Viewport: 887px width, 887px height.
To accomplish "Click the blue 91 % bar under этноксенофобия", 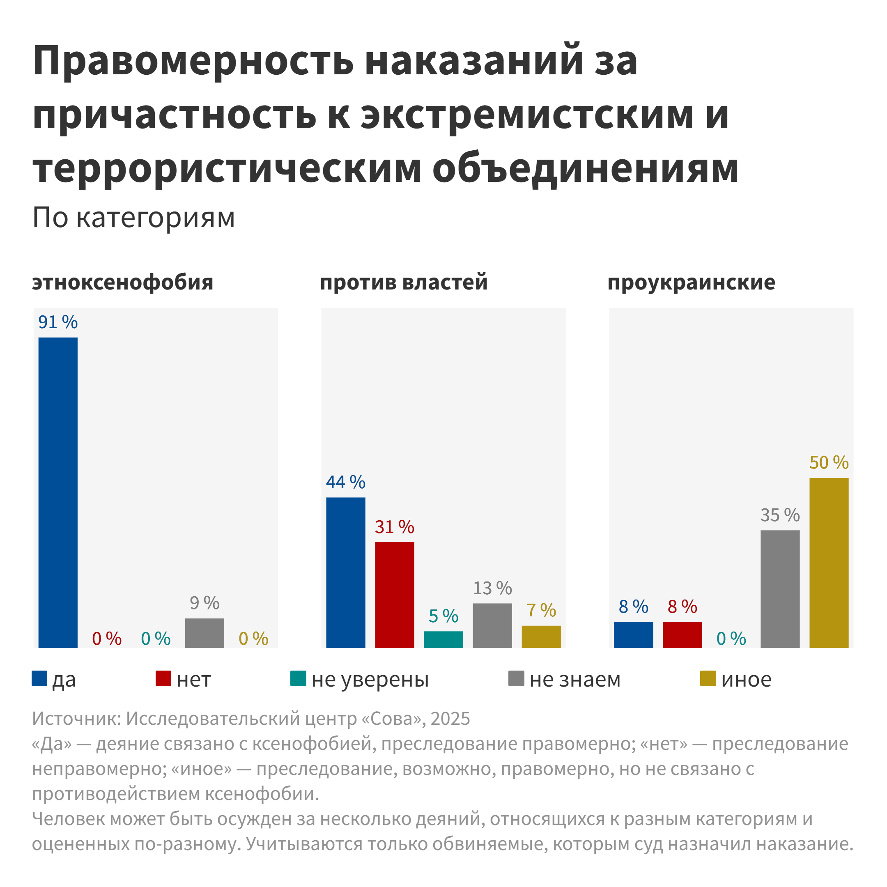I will (x=58, y=492).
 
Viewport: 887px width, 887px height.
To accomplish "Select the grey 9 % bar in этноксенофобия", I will (x=205, y=633).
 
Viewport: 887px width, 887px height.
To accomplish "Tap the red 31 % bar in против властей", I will (x=394, y=595).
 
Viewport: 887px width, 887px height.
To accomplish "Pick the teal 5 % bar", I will (x=443, y=639).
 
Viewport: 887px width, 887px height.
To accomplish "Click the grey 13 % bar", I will (x=492, y=625).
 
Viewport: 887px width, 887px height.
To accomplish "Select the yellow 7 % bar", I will (x=541, y=637).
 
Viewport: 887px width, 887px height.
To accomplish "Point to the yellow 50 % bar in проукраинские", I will (x=829, y=563).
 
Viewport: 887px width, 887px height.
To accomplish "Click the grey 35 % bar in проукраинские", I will (x=780, y=589).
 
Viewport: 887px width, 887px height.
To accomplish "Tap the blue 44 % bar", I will (x=346, y=572).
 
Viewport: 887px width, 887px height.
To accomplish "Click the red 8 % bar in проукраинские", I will (x=682, y=635).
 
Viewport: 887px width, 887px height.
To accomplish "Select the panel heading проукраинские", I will (x=691, y=283).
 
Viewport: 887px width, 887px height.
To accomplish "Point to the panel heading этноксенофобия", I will (x=123, y=283).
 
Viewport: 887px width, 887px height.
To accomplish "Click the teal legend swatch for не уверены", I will (x=298, y=678).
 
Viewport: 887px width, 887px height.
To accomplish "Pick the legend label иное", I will (x=746, y=680).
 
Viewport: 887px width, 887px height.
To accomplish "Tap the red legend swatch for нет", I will (x=163, y=678).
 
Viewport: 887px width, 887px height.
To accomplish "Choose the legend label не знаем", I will (x=575, y=680).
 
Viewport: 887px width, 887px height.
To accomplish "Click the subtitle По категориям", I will (x=133, y=217).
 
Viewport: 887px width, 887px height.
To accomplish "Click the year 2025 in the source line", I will (x=450, y=719).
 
